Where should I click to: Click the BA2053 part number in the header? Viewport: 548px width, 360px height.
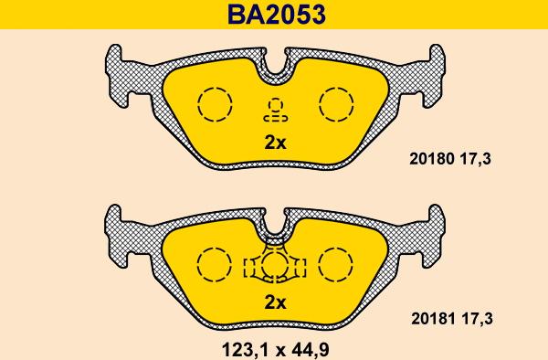tap(276, 15)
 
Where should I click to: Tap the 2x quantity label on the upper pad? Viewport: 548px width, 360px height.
tap(275, 143)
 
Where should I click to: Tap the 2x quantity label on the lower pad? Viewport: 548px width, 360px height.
tap(275, 302)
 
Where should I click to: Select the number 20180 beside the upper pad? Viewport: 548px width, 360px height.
tap(432, 159)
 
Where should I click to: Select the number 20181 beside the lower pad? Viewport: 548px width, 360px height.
tap(433, 319)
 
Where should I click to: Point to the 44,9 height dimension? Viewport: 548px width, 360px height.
tap(307, 350)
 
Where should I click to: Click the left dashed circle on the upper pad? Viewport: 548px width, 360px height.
tap(198, 104)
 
